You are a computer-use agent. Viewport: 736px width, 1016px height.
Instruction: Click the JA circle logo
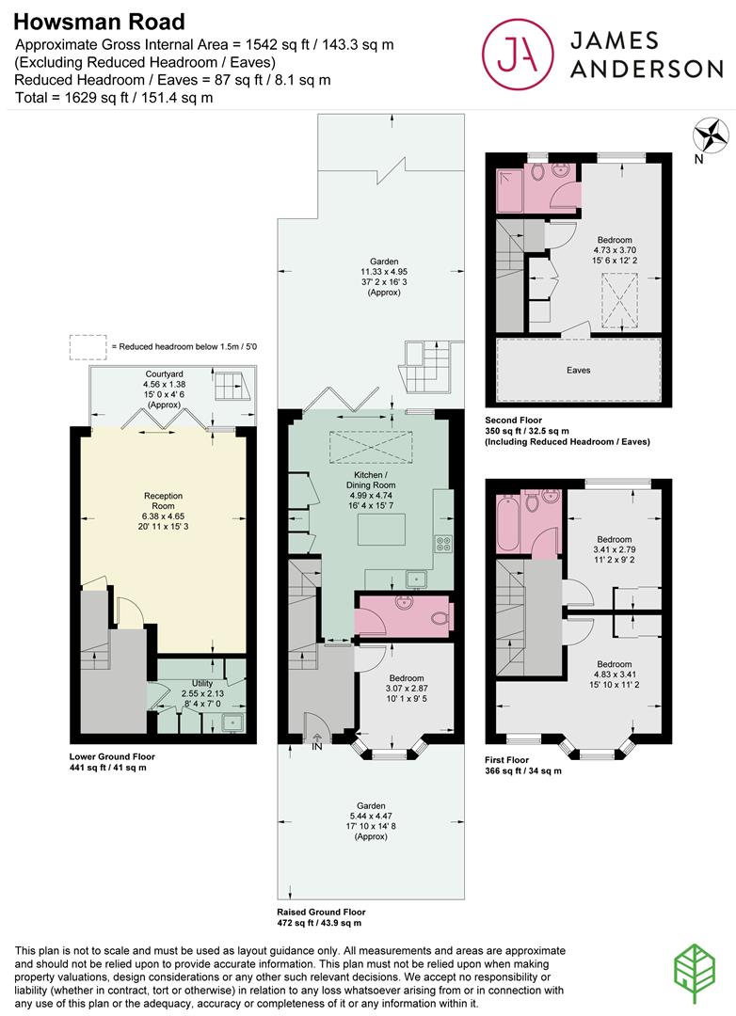click(x=518, y=54)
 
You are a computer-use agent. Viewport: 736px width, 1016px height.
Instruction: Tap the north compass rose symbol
click(x=711, y=136)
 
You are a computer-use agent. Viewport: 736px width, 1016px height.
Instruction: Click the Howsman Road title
click(x=99, y=22)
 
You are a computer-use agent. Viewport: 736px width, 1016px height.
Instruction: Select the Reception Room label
click(x=164, y=500)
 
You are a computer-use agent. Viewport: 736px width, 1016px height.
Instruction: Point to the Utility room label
click(x=202, y=684)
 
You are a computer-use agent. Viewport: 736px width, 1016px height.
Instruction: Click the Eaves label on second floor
click(x=579, y=370)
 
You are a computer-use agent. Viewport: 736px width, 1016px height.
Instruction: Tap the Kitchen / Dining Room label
click(x=371, y=480)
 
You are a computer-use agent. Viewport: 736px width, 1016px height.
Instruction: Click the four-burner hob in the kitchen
click(x=443, y=543)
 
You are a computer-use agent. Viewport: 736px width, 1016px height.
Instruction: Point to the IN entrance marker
click(x=317, y=743)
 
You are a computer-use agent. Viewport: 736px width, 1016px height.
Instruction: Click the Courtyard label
click(x=164, y=374)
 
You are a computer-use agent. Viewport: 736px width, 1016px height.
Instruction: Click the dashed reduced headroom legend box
click(x=88, y=347)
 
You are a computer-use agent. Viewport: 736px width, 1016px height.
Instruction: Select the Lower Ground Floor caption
click(x=112, y=756)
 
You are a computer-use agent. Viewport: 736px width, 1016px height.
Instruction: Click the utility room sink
click(x=231, y=722)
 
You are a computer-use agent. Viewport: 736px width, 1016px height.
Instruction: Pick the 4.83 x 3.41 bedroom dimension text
click(x=614, y=675)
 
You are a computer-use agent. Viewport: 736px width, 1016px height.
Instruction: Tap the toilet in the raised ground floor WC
click(x=441, y=619)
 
